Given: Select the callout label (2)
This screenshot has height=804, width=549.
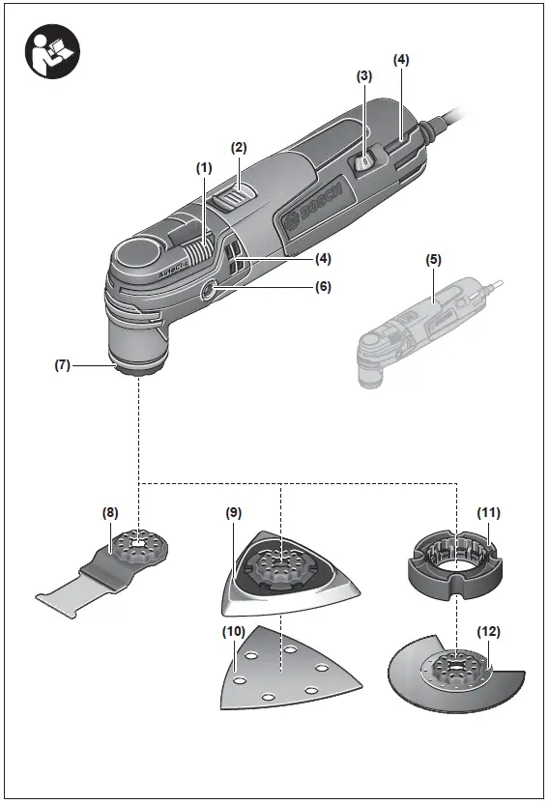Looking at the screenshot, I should (239, 148).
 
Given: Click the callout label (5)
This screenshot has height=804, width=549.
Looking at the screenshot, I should (433, 260).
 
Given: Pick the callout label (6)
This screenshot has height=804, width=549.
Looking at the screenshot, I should (322, 286).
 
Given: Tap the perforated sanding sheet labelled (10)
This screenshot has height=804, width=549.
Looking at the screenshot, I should (280, 668).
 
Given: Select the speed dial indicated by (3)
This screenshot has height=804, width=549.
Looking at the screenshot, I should (363, 163).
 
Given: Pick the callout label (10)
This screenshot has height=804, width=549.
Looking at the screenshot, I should (232, 632).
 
